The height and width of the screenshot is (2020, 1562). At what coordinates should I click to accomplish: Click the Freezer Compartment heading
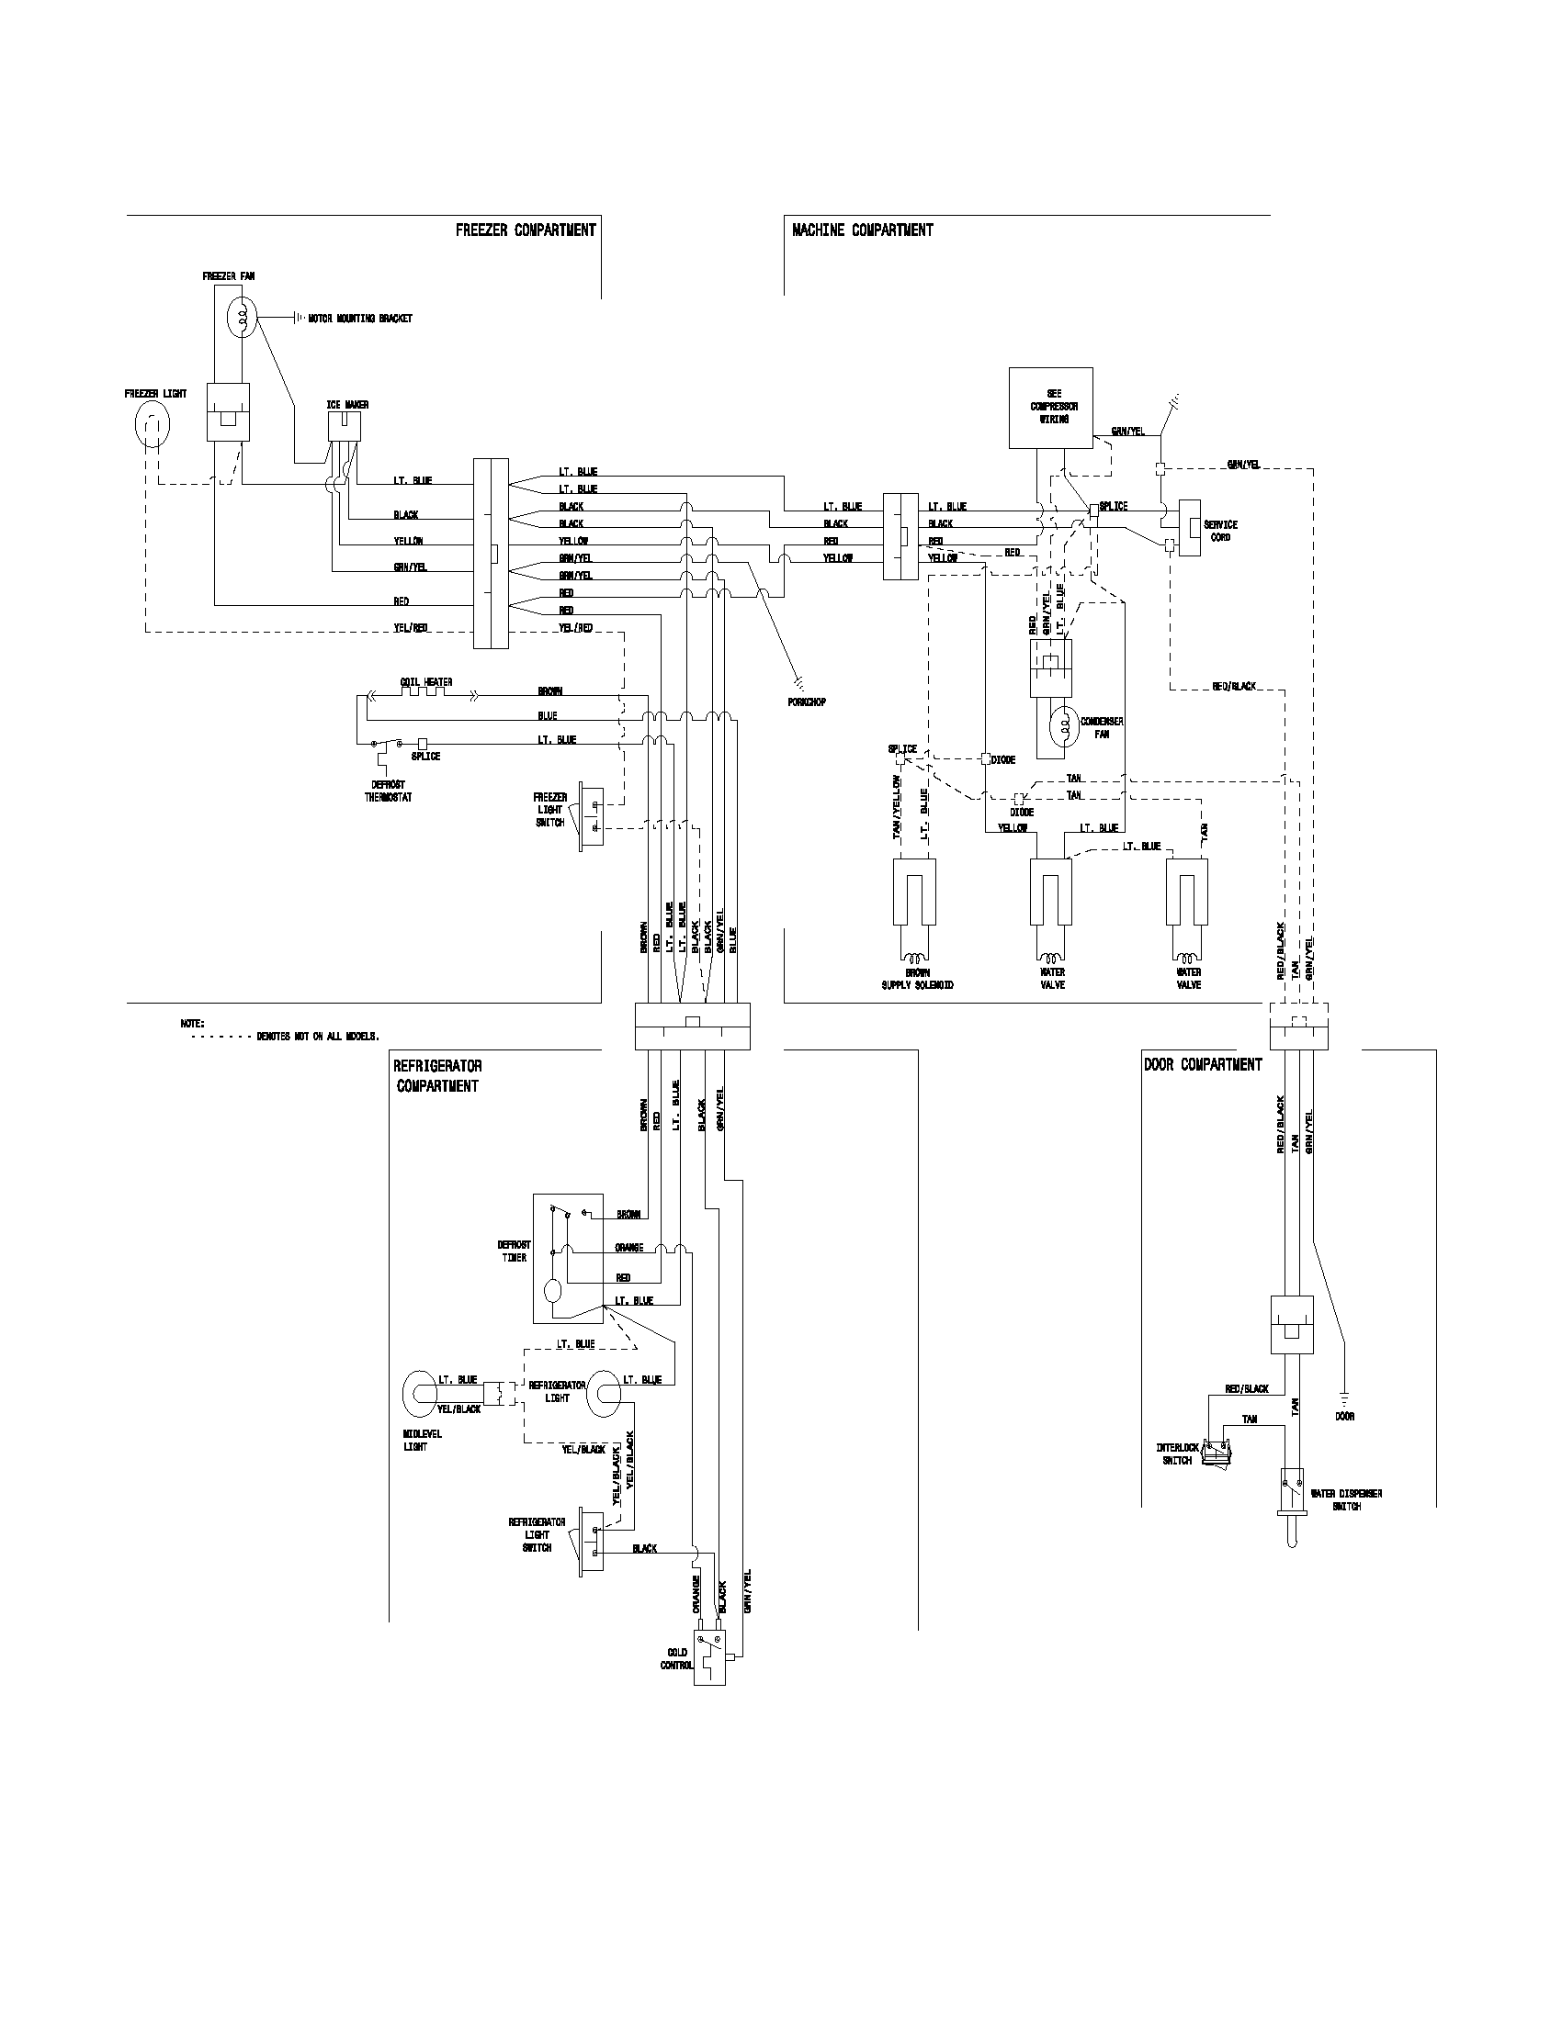click(x=525, y=230)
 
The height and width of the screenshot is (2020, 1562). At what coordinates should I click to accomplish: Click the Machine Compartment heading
click(x=863, y=230)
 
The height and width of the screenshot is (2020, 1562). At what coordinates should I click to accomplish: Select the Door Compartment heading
click(x=1202, y=1064)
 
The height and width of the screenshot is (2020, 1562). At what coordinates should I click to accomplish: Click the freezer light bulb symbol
click(x=153, y=426)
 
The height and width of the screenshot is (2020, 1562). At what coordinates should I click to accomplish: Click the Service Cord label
click(x=1220, y=531)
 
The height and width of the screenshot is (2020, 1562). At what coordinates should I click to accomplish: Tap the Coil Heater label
click(x=425, y=681)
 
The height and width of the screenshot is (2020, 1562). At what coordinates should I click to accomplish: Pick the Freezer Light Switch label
click(x=549, y=809)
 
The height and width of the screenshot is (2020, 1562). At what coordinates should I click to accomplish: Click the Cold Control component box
click(x=709, y=1659)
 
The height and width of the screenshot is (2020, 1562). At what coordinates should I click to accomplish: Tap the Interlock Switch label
click(x=1177, y=1454)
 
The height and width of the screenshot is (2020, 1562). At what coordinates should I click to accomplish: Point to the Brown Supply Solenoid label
click(x=917, y=979)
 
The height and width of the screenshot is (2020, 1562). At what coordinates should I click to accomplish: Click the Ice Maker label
click(x=347, y=404)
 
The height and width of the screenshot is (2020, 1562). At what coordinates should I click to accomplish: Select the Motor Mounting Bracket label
click(x=360, y=319)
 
